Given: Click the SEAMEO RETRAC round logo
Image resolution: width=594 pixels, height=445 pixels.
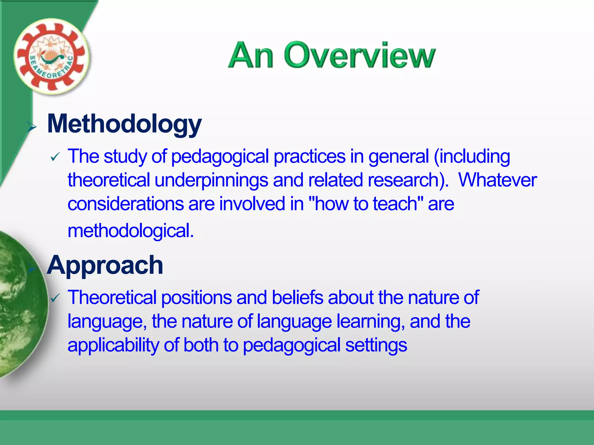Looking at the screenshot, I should point(51,57).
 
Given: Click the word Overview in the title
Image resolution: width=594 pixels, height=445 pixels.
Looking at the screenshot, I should point(360,56).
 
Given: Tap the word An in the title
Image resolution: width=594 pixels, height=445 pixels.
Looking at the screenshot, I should point(251,56).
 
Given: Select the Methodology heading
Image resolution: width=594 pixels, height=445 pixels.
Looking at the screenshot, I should point(124,124).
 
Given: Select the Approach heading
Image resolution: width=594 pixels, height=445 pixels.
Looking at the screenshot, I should point(105,265).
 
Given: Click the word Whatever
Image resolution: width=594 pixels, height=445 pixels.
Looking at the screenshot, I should point(497,180).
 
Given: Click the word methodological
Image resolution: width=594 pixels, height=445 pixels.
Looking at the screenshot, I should point(131,231).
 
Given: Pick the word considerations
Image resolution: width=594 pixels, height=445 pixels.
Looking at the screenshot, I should point(126,204).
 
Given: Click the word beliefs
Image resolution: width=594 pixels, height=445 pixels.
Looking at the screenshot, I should point(297,298).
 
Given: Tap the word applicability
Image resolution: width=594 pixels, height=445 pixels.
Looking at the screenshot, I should point(113,345).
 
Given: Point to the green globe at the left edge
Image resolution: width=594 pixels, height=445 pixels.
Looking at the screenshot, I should point(20,304).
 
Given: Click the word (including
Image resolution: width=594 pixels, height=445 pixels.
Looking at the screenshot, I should point(472,157).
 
